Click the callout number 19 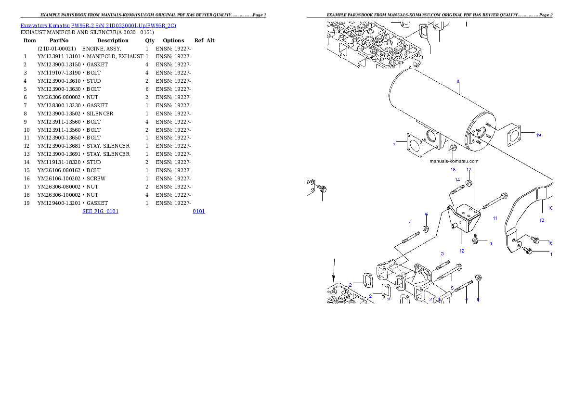[538, 135]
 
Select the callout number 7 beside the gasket [394, 144]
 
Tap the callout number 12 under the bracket [462, 251]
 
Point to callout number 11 [495, 218]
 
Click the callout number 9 [491, 244]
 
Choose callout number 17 [469, 169]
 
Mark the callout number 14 [457, 179]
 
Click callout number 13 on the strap [542, 220]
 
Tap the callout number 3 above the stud [442, 253]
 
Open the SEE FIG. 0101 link [100, 211]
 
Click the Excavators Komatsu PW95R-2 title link [98, 25]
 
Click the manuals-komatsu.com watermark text [454, 162]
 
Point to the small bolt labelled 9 [476, 239]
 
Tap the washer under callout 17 [469, 183]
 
